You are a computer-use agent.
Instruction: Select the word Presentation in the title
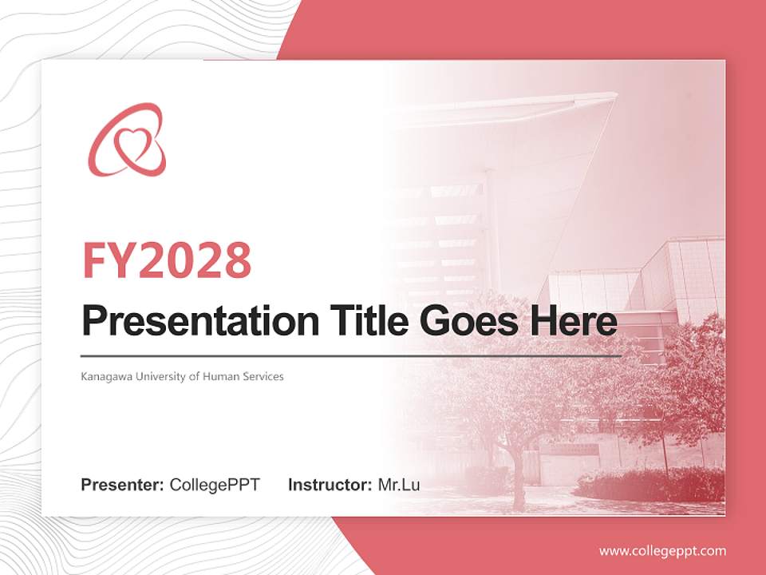click(188, 321)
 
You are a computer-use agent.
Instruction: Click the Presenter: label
click(123, 485)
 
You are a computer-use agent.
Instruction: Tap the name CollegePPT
click(215, 485)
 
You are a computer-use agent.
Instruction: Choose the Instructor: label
click(330, 485)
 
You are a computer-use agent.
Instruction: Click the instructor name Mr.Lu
click(399, 485)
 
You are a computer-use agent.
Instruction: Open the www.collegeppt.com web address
click(662, 550)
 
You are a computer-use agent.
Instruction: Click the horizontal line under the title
click(351, 355)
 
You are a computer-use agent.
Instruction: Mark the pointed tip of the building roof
click(615, 95)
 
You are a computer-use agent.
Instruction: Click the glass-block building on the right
click(678, 280)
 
